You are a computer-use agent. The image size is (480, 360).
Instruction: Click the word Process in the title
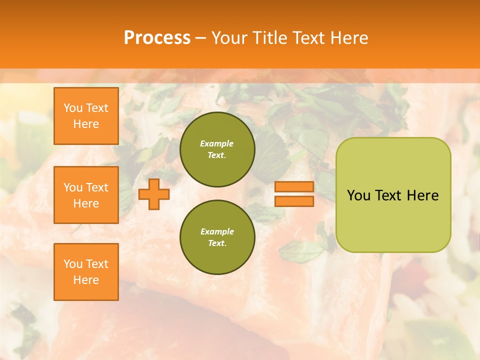pos(157,38)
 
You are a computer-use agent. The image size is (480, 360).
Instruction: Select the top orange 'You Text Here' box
pos(86,116)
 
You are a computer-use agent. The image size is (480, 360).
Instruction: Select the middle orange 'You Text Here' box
pos(86,195)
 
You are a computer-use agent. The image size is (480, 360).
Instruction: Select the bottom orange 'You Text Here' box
pos(86,272)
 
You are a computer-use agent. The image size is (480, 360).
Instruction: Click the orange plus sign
pos(153,194)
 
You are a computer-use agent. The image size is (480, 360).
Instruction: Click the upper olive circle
pos(217,149)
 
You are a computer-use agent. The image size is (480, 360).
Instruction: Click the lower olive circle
pos(217,237)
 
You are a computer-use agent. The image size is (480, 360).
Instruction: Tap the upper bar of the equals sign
pos(294,187)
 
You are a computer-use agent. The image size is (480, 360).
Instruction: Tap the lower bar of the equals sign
pos(294,201)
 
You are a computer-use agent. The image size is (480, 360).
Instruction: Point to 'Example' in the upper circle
pos(217,143)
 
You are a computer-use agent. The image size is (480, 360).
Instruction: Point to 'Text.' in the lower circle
pos(217,243)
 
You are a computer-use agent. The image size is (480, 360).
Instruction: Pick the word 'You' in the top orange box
pos(73,108)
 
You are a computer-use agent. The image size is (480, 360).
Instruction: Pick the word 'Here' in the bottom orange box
pos(86,280)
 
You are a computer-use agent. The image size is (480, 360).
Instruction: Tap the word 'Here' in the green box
pos(422,195)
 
